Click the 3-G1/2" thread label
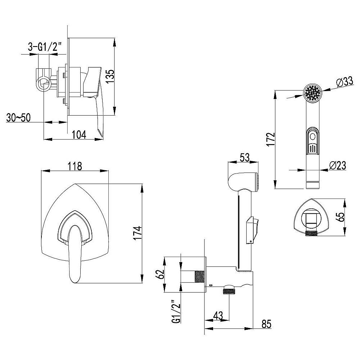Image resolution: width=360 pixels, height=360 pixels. tap(45, 47)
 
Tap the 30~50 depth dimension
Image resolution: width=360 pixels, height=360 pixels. tap(18, 118)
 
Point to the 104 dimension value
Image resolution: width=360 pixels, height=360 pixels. tap(79, 135)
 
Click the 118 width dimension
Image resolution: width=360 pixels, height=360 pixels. tap(75, 166)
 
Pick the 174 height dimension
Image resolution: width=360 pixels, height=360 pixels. tap(138, 233)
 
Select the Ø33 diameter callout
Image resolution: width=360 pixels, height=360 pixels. tap(345, 81)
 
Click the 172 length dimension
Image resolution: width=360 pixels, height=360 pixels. tap(271, 139)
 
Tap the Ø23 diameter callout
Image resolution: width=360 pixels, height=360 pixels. tap(338, 165)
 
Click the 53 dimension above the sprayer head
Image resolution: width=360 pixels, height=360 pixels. tap(245, 158)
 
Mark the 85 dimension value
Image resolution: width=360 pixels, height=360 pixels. tap(266, 324)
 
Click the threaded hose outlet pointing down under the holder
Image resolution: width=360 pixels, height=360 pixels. tap(229, 290)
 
